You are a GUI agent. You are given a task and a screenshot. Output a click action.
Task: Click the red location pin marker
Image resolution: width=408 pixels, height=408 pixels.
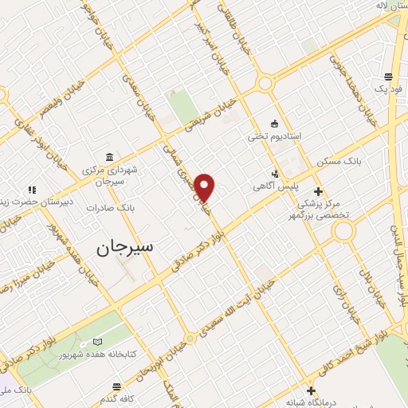206,187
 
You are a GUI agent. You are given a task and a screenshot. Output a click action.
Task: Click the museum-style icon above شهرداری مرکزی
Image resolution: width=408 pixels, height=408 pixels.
108,157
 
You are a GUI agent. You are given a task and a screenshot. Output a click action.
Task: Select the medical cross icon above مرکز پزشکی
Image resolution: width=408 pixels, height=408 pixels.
319,191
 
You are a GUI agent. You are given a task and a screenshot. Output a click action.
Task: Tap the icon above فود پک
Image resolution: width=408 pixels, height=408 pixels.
387,76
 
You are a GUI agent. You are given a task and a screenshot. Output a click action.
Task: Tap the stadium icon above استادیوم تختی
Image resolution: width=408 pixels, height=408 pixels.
275,123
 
